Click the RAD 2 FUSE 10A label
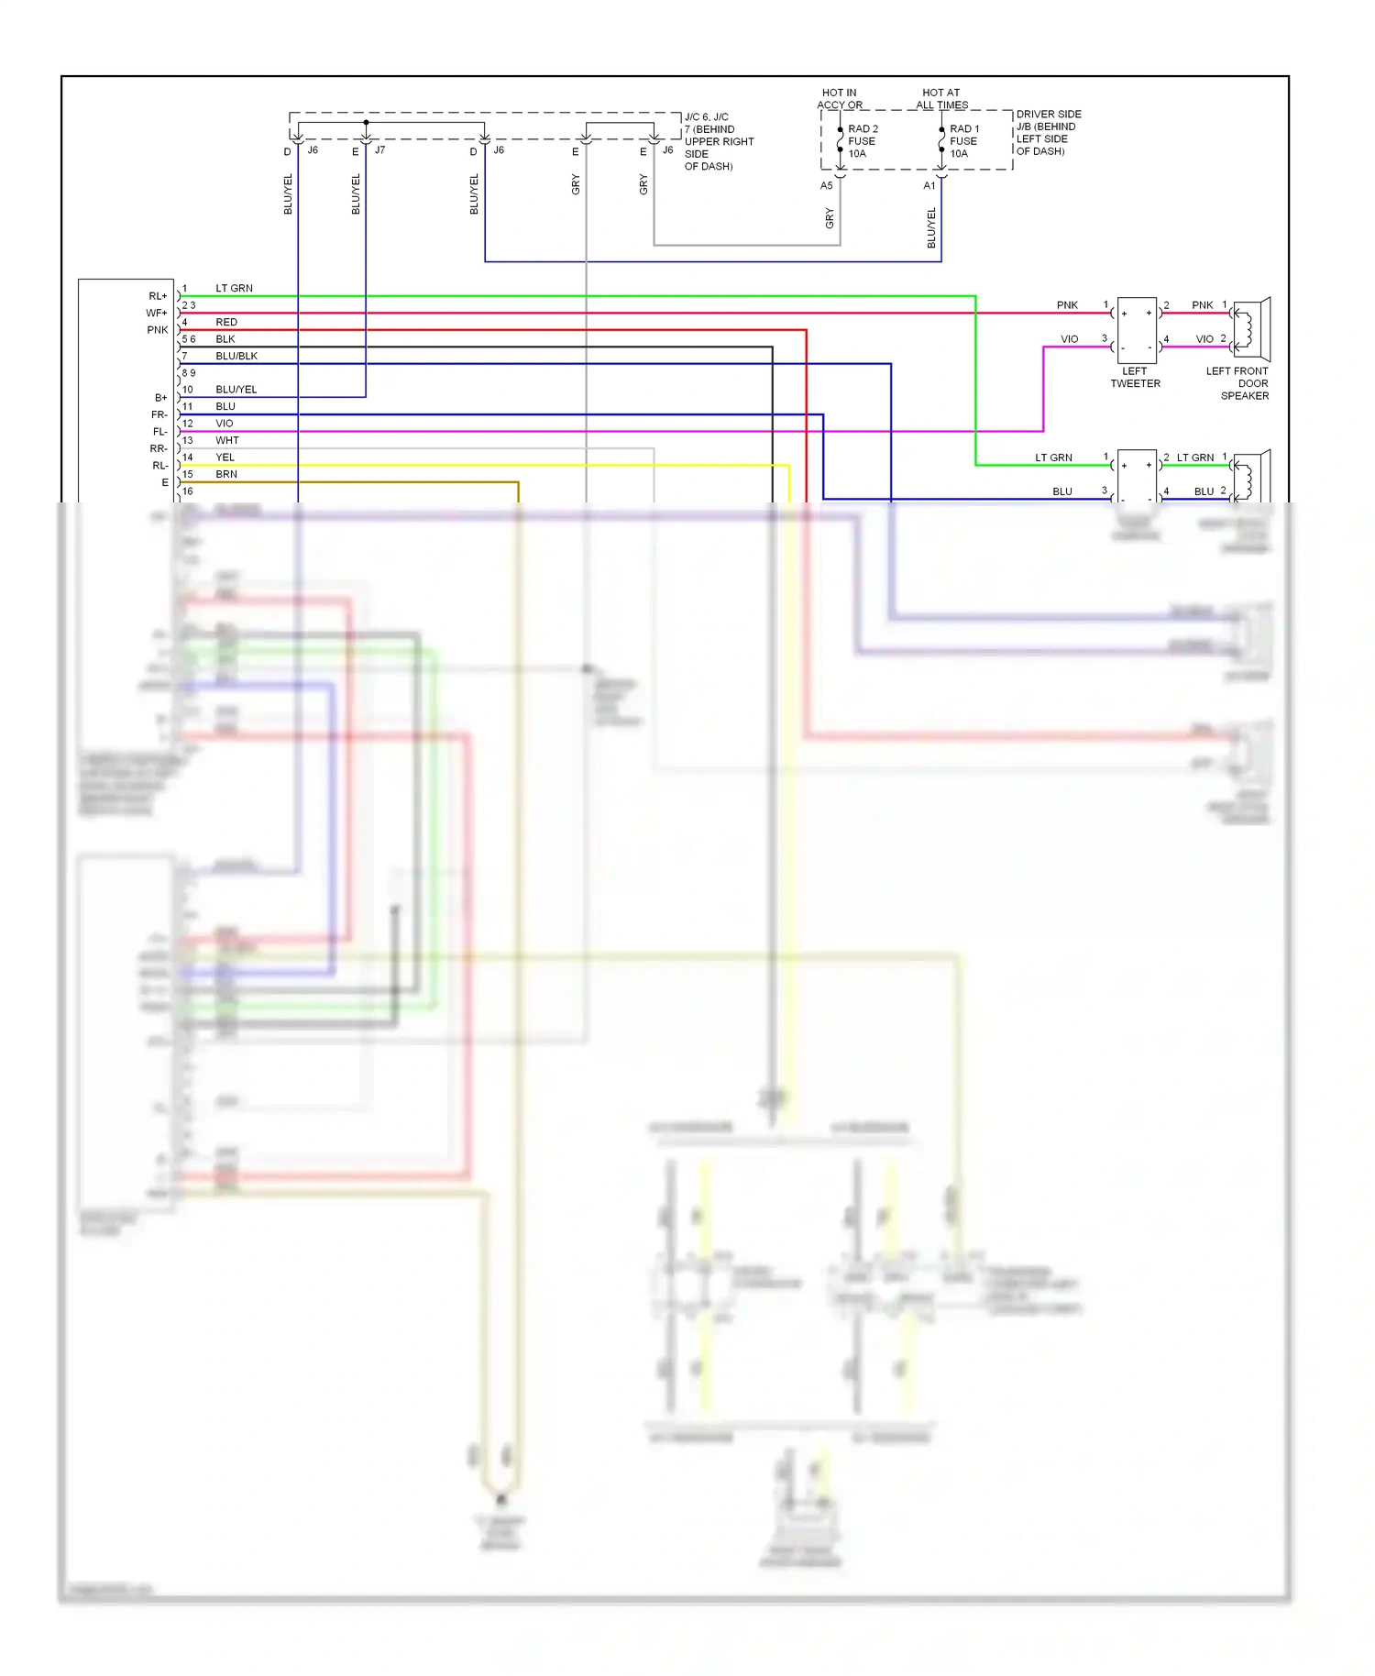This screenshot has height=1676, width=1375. point(862,141)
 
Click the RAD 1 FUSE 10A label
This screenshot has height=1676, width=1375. point(963,141)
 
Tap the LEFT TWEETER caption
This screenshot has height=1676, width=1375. point(1135,378)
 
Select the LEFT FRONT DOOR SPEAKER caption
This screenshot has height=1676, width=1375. point(1238,383)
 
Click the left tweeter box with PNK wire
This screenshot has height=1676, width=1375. point(1137,330)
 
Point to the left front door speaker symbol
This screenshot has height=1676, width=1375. point(1251,329)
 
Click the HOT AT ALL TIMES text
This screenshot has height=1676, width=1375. point(941,98)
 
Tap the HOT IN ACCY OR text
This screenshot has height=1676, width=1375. point(840,98)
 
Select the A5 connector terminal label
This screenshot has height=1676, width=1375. point(826,185)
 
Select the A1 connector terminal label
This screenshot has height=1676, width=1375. point(929,185)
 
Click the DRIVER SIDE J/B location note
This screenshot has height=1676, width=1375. point(1048,133)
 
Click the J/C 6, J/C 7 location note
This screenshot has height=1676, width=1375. point(718,141)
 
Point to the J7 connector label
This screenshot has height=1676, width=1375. point(379,149)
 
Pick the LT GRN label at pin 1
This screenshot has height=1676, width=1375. point(234,288)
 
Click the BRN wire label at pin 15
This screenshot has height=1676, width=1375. point(226,474)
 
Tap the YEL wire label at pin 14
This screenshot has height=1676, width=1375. point(225,458)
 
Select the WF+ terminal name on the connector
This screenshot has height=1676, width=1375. point(157,314)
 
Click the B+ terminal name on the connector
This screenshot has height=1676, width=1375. point(160,398)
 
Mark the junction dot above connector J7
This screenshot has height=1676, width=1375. point(366,122)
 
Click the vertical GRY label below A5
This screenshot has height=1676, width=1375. point(830,218)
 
